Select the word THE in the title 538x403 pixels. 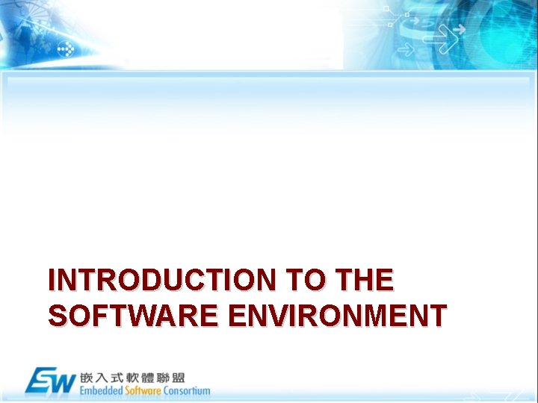tap(365, 281)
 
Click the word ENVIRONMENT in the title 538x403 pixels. tap(337, 316)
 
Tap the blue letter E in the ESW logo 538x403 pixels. tap(40, 381)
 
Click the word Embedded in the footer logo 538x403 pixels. tap(102, 391)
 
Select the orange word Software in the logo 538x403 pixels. tap(143, 391)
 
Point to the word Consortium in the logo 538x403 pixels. tap(187, 391)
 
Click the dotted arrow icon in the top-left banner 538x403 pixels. tap(66, 49)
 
